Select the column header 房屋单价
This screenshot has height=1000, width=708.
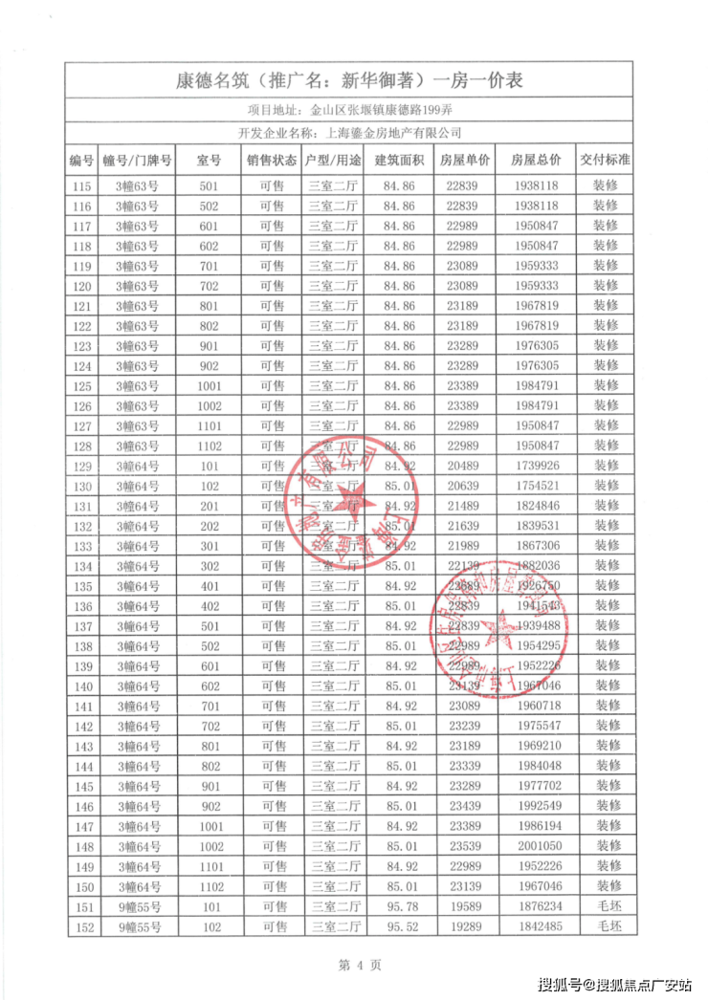pyautogui.click(x=466, y=160)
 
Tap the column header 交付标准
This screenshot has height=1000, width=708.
pyautogui.click(x=604, y=160)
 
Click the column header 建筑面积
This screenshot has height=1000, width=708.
pyautogui.click(x=398, y=160)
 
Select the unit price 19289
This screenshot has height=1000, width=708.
pyautogui.click(x=466, y=926)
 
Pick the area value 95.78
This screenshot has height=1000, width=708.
pyautogui.click(x=398, y=906)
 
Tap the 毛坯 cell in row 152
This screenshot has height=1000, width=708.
pyautogui.click(x=608, y=926)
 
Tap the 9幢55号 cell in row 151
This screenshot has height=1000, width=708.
pyautogui.click(x=136, y=906)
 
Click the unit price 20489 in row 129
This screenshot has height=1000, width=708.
pyautogui.click(x=466, y=466)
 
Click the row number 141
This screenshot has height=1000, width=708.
pyautogui.click(x=82, y=706)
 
